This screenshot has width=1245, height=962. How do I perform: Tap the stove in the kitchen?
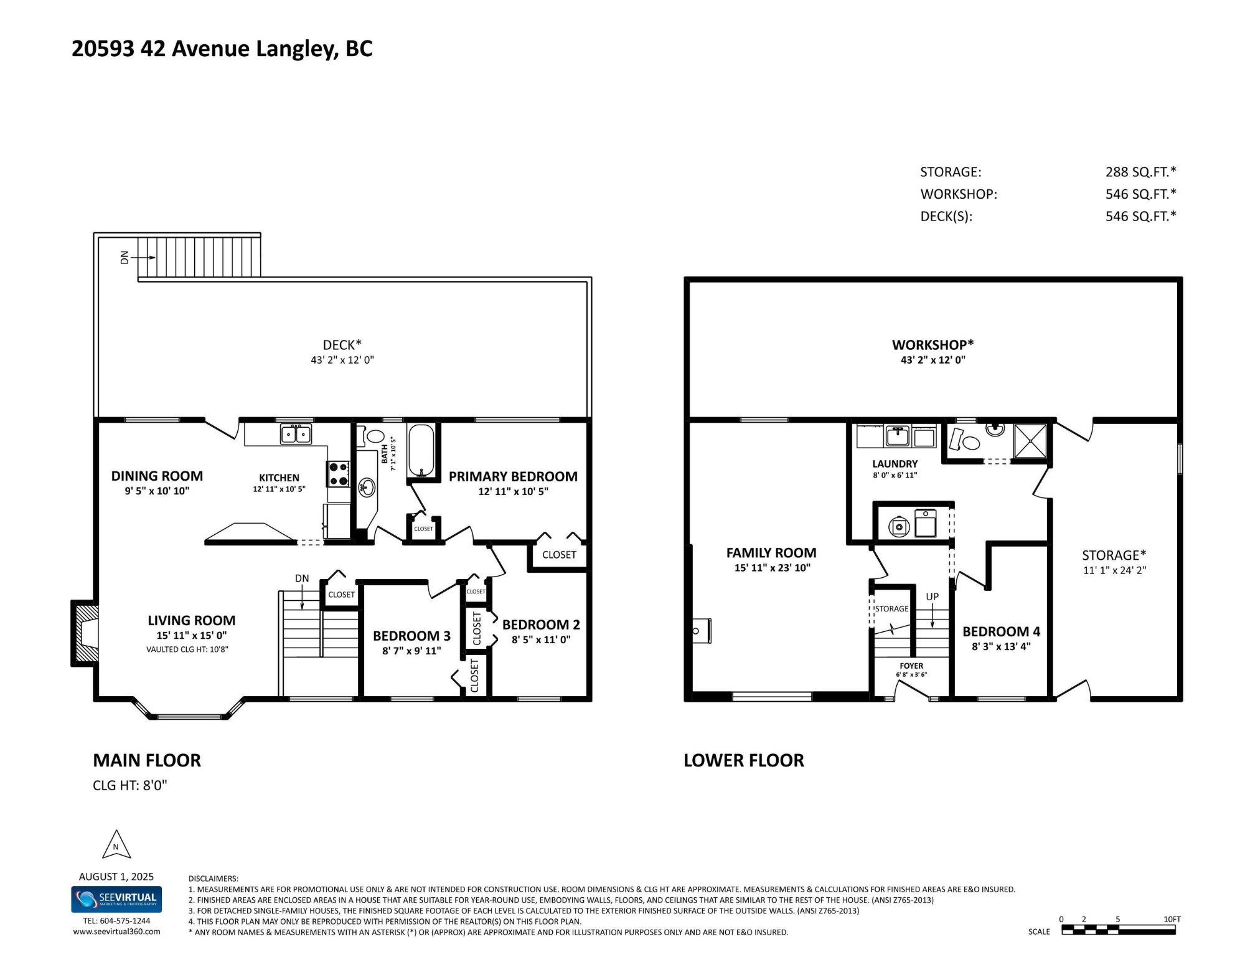338,474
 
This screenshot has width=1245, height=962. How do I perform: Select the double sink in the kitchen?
296,433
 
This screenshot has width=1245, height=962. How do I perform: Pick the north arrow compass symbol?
116,845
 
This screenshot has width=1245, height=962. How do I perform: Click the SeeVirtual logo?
116,900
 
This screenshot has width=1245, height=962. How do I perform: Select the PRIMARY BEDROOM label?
513,476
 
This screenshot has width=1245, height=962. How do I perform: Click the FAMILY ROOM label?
771,553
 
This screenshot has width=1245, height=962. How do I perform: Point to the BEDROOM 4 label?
1001,631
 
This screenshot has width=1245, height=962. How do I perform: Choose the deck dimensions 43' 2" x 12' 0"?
342,360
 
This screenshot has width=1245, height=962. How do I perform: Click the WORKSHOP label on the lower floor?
933,344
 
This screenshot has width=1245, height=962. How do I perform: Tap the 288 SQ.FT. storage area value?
1140,172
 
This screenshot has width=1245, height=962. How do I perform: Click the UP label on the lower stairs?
932,597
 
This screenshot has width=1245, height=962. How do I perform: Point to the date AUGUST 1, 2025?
116,877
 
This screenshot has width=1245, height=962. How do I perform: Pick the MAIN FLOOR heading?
147,760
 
